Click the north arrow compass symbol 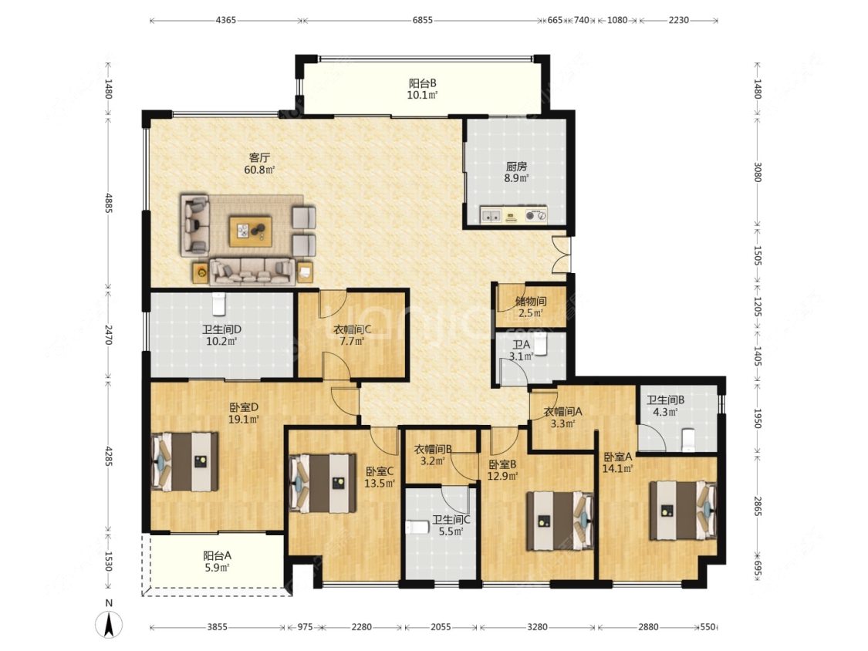pos(109,625)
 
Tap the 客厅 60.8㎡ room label pos(259,164)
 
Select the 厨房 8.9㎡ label pos(516,171)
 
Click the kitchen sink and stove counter pos(513,214)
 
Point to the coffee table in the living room pos(251,231)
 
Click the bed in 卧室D pos(185,462)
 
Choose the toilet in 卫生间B pos(689,440)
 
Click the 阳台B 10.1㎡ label pos(423,89)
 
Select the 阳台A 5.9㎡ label pos(217,561)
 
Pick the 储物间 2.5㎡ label pos(530,307)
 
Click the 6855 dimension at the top pos(422,20)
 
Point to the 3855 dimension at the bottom pos(218,626)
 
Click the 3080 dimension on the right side pos(758,171)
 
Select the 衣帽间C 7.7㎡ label pos(352,335)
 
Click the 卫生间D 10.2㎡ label pos(221,335)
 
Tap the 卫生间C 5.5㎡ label pos(451,525)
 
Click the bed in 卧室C pos(323,483)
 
